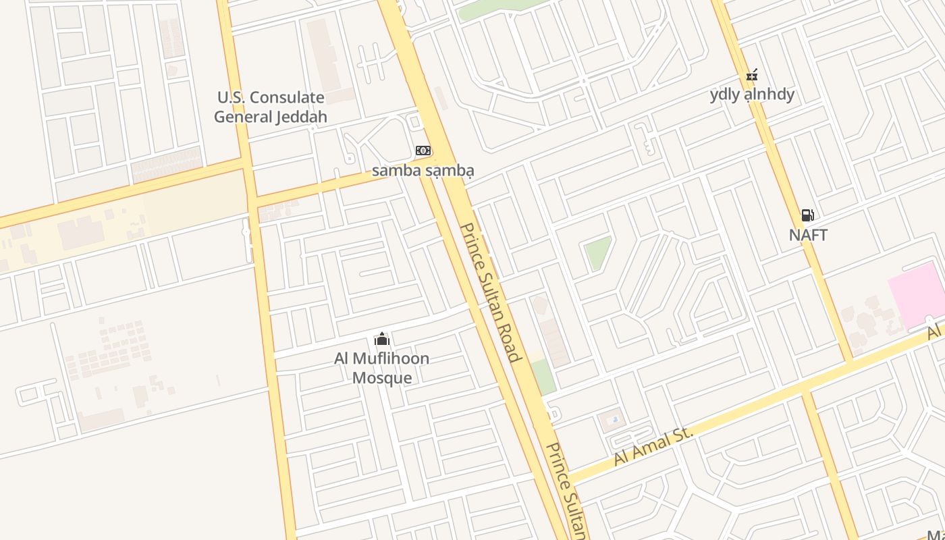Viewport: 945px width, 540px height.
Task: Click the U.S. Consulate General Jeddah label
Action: coord(270,107)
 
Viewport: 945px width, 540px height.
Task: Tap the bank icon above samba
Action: coord(423,150)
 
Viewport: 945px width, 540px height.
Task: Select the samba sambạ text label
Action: coord(423,170)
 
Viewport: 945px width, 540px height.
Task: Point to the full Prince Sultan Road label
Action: coord(491,292)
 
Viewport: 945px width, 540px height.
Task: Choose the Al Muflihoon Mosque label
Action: coord(382,367)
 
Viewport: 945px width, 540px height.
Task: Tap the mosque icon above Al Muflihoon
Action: coord(382,338)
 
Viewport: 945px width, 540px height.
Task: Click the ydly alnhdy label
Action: coord(752,94)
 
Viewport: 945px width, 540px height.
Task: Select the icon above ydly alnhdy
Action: coord(752,75)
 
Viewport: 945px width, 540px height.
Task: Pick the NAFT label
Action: coord(808,236)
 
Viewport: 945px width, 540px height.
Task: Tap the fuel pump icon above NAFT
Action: coord(807,215)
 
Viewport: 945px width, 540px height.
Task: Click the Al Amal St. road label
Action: coord(653,446)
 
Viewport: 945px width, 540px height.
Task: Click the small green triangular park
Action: coord(597,252)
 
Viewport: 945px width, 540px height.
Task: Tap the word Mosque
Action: coord(382,377)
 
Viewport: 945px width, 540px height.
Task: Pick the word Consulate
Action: coord(290,97)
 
